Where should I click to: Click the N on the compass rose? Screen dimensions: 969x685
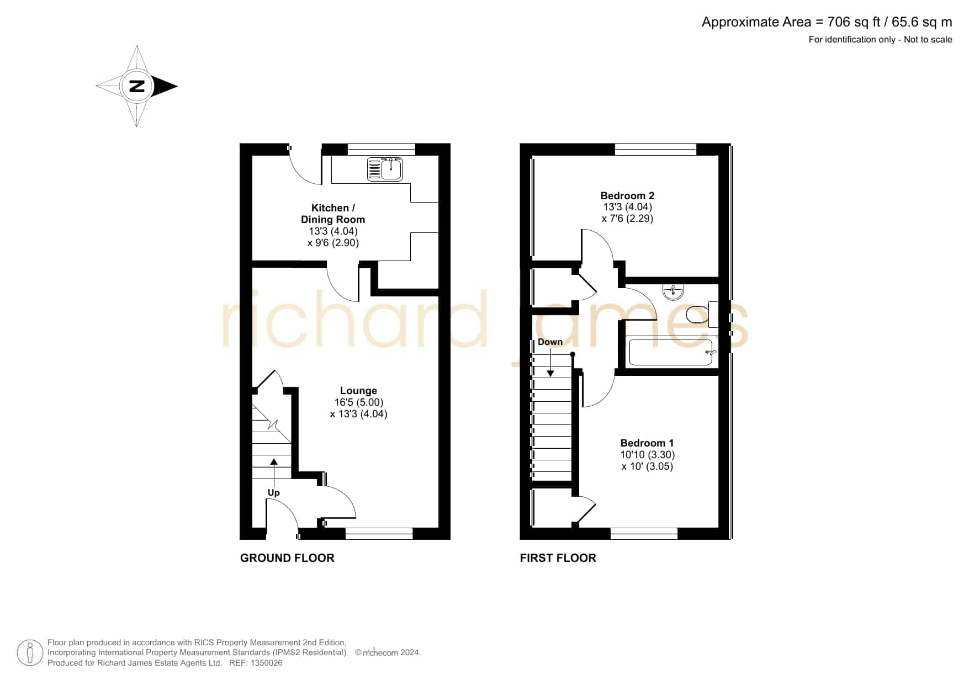tap(137, 86)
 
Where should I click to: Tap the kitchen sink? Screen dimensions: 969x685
tap(385, 169)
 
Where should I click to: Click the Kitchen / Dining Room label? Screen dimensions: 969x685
tap(333, 214)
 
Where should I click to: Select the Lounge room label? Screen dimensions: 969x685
tap(358, 391)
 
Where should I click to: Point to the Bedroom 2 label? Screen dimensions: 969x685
tap(627, 195)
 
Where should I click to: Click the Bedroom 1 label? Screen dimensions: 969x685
tap(647, 443)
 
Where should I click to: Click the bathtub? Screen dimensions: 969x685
tap(671, 352)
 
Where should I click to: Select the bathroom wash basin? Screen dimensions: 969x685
tap(673, 291)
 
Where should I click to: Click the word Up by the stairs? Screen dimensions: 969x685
tap(273, 493)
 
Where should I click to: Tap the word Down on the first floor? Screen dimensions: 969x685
tap(550, 342)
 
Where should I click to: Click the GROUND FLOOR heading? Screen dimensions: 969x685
tap(287, 558)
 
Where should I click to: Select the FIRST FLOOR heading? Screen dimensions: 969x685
tap(558, 558)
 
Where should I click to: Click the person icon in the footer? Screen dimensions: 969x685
tap(30, 653)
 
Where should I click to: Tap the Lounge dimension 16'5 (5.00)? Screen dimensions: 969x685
tap(358, 402)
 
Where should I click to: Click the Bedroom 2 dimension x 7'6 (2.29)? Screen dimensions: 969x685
tap(627, 219)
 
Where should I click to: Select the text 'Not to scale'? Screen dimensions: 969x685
tap(928, 39)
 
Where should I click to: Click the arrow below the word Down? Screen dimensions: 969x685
tap(550, 362)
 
